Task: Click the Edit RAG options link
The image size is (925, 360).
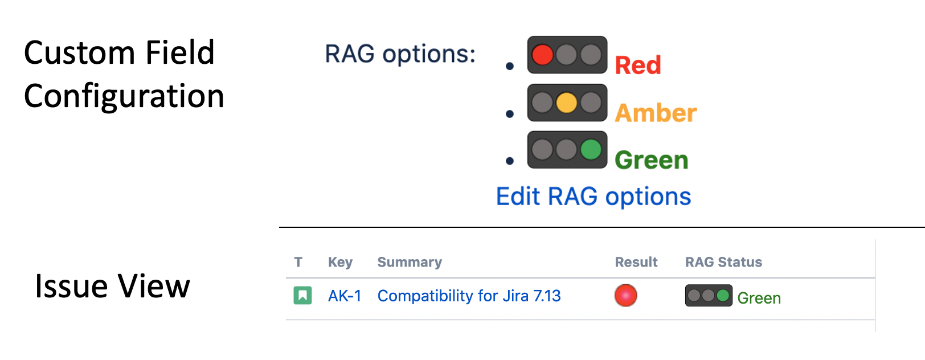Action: (x=594, y=197)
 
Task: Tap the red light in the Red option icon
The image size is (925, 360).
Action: (x=542, y=55)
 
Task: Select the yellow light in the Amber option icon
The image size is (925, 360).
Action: (x=566, y=103)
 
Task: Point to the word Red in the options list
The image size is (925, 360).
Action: (x=638, y=66)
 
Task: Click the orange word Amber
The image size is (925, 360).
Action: (x=656, y=113)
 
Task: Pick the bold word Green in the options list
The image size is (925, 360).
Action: (x=652, y=160)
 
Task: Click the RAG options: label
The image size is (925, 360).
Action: (x=400, y=54)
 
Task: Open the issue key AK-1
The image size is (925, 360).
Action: (x=345, y=296)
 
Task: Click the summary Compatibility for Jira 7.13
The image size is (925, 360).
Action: (x=469, y=296)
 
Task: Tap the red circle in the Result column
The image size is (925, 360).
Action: (x=626, y=296)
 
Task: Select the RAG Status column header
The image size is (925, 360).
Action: (x=723, y=262)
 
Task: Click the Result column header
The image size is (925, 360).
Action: (x=636, y=262)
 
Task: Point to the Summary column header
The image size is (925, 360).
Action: (x=410, y=262)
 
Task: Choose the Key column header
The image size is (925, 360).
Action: (x=340, y=262)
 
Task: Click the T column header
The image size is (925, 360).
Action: (x=298, y=262)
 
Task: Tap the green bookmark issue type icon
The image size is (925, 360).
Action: (x=302, y=296)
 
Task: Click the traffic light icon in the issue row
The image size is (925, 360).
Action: (x=709, y=296)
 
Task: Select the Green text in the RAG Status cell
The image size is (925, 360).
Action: (x=759, y=298)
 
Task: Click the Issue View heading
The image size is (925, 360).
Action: (x=112, y=286)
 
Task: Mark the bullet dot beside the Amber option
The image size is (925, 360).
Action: (x=510, y=114)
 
